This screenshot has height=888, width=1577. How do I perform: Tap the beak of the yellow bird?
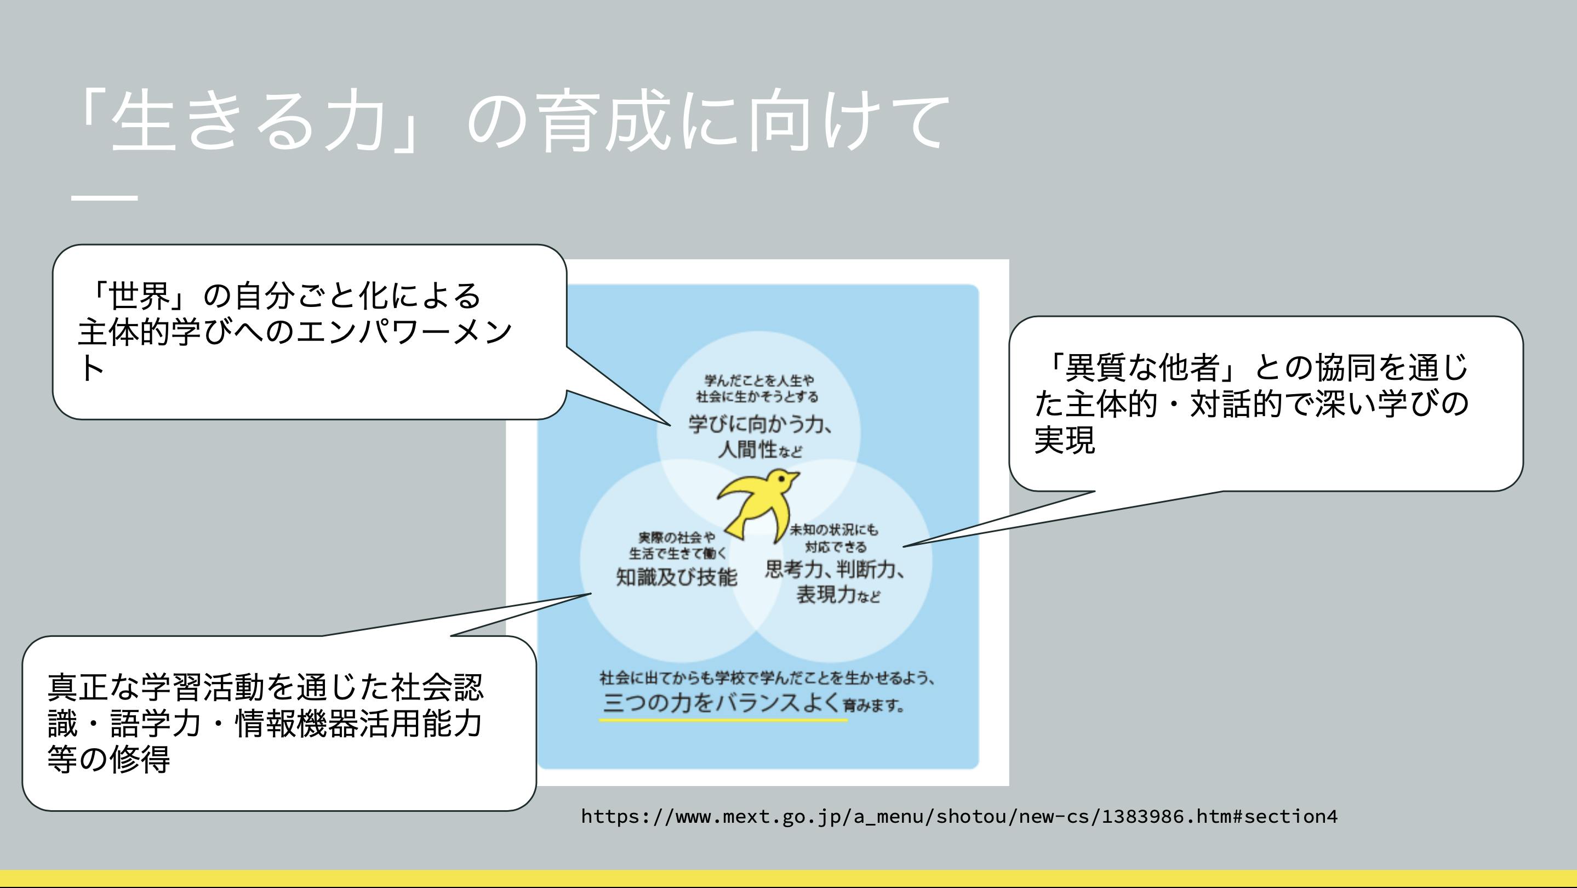click(795, 475)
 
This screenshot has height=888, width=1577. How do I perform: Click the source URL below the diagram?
click(959, 816)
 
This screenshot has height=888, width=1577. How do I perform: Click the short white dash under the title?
click(104, 198)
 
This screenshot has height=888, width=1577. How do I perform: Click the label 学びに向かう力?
click(759, 424)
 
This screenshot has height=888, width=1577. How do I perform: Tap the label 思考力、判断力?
click(835, 570)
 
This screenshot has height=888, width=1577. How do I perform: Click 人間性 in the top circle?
click(747, 449)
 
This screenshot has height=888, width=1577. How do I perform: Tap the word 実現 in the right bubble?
click(1064, 440)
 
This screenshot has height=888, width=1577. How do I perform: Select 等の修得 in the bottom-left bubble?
click(108, 759)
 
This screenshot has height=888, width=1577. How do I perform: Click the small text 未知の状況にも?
click(833, 529)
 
